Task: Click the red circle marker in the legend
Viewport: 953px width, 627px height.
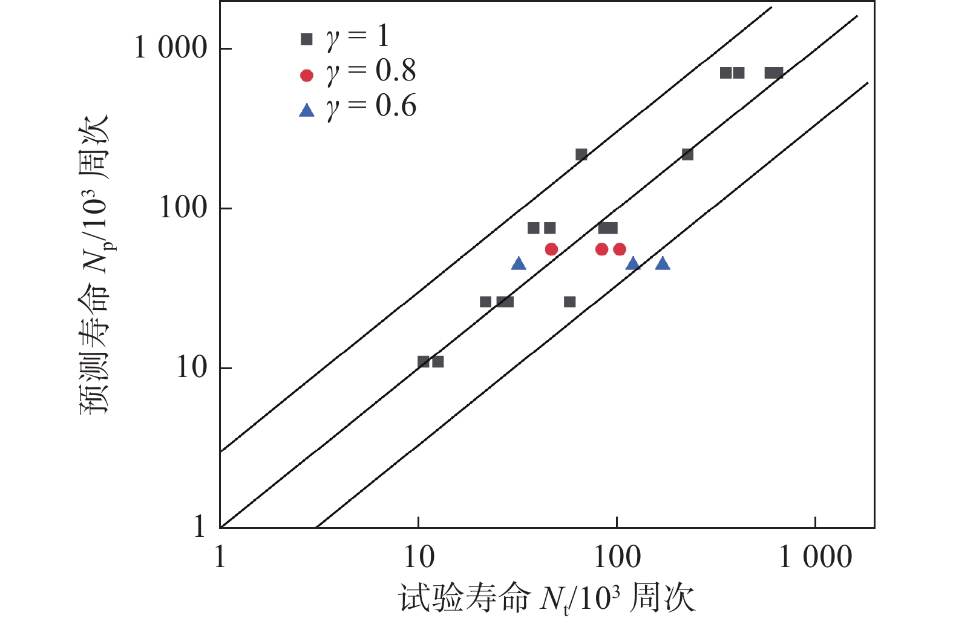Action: [307, 75]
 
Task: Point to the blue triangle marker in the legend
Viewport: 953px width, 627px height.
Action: [307, 110]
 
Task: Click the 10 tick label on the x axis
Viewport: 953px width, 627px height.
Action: [419, 557]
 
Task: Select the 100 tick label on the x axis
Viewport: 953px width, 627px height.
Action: [617, 557]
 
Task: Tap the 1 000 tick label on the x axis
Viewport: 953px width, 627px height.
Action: [815, 557]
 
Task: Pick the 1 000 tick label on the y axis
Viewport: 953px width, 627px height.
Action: [171, 48]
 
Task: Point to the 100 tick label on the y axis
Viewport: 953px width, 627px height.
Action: [183, 208]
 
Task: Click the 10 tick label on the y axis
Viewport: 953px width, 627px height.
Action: [192, 367]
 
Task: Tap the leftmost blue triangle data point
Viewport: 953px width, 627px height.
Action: [519, 263]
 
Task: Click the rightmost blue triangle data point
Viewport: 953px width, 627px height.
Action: [663, 263]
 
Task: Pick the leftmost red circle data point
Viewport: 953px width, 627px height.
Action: [551, 249]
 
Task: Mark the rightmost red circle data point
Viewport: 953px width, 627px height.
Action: [620, 249]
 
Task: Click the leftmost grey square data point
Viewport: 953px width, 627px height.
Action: [424, 362]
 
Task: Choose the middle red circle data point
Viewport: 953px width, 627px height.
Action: [601, 249]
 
